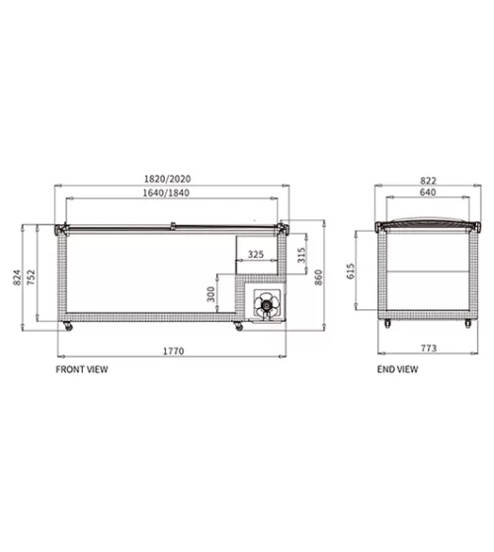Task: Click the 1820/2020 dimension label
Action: (x=167, y=179)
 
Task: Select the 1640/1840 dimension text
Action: (x=166, y=193)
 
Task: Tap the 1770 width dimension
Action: (x=173, y=351)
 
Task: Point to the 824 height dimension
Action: (x=17, y=277)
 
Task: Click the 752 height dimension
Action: (x=32, y=277)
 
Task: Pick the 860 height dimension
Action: (x=318, y=277)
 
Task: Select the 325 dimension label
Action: (x=256, y=254)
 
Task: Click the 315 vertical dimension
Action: (x=301, y=255)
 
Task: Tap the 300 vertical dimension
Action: (x=210, y=294)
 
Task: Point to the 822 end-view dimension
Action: (x=428, y=181)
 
